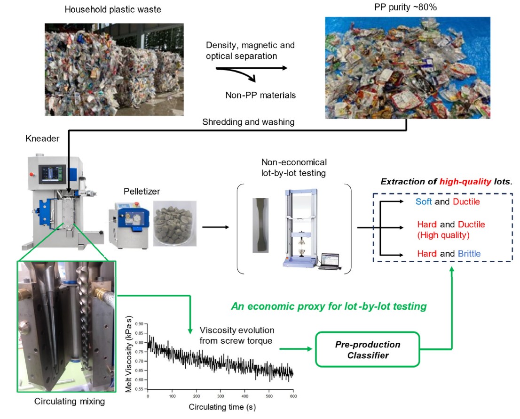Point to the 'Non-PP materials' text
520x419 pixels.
pos(260,95)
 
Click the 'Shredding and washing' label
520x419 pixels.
pos(248,122)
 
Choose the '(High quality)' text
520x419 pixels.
pos(443,234)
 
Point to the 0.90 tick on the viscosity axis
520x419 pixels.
pos(138,324)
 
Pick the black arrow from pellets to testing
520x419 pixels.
pos(216,228)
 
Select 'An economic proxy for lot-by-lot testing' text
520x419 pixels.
pos(329,306)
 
